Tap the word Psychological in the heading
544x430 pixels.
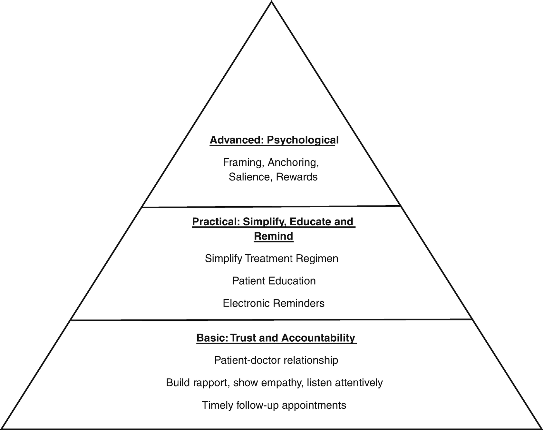coord(303,140)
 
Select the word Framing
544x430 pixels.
coord(243,162)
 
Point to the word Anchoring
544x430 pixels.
coord(293,162)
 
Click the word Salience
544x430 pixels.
coord(249,177)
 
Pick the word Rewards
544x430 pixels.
coord(297,177)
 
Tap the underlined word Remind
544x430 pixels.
coord(274,236)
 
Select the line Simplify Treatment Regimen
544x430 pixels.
coord(272,259)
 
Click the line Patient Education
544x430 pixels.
coord(274,281)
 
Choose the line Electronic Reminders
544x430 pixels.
coord(274,303)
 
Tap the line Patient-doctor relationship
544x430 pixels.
coord(276,360)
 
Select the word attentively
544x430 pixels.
coord(359,383)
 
